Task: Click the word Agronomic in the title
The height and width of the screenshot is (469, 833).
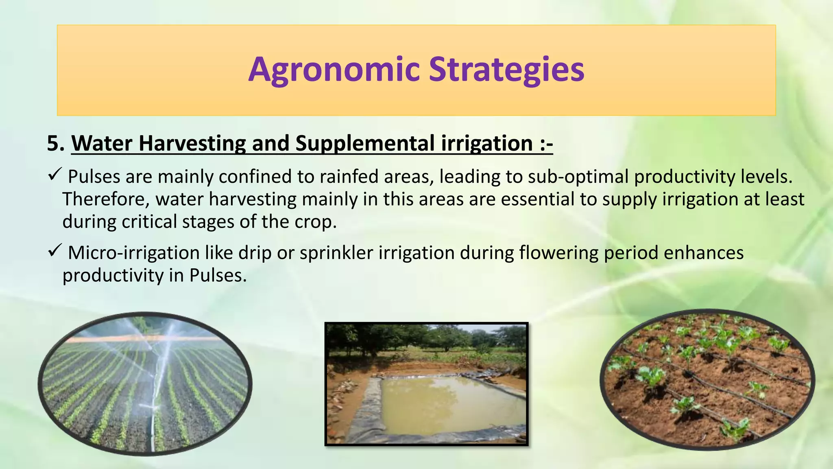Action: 334,70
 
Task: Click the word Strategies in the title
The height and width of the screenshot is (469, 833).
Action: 506,70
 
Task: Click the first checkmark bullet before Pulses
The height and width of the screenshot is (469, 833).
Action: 55,175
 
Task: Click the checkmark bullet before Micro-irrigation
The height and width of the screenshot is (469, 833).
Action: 55,251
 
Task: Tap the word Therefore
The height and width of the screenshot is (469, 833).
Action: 106,199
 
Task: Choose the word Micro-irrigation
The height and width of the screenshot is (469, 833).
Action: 133,253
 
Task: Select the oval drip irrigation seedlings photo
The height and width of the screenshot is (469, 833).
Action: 707,379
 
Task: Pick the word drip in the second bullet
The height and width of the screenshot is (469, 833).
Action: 255,253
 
